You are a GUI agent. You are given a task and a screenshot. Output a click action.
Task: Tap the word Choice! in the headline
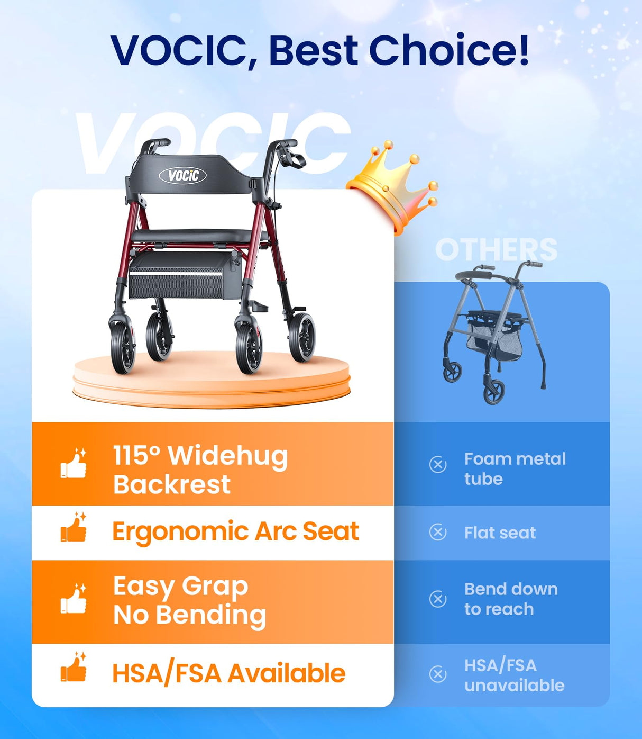click(448, 50)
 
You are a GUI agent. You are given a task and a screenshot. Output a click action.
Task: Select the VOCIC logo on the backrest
click(183, 175)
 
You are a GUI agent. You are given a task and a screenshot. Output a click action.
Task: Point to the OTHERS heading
click(496, 249)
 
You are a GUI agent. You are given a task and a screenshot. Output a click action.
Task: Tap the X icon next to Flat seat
click(438, 532)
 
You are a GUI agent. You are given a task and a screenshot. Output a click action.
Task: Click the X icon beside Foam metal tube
click(438, 465)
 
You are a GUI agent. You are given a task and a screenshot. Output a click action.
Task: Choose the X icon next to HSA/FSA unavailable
click(438, 674)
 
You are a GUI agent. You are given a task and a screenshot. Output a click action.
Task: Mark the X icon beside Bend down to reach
click(438, 599)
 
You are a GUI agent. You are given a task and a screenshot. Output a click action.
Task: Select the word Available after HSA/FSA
click(286, 673)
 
